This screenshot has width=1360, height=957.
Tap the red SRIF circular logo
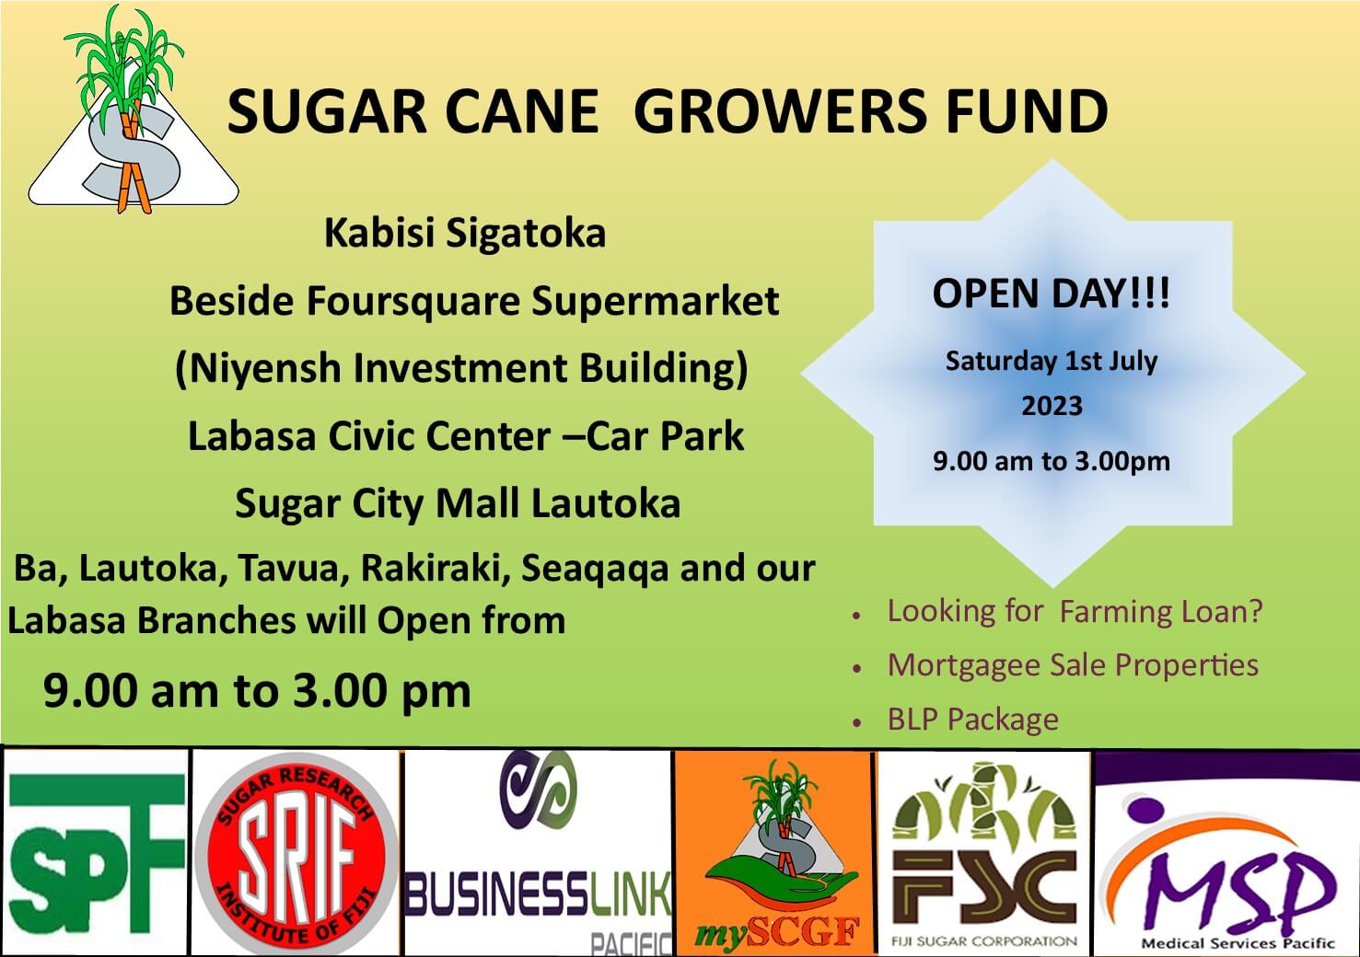click(296, 853)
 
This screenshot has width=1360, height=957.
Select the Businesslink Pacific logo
click(538, 853)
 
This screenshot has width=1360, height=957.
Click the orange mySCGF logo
click(774, 853)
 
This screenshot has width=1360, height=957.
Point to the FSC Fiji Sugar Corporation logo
click(984, 853)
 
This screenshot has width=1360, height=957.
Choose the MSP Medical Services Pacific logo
click(1226, 853)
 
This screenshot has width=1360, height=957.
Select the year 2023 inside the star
click(1052, 406)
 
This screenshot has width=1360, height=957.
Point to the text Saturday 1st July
click(1052, 361)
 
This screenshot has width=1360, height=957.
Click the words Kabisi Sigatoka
click(465, 234)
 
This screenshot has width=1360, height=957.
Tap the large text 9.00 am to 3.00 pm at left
click(257, 691)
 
